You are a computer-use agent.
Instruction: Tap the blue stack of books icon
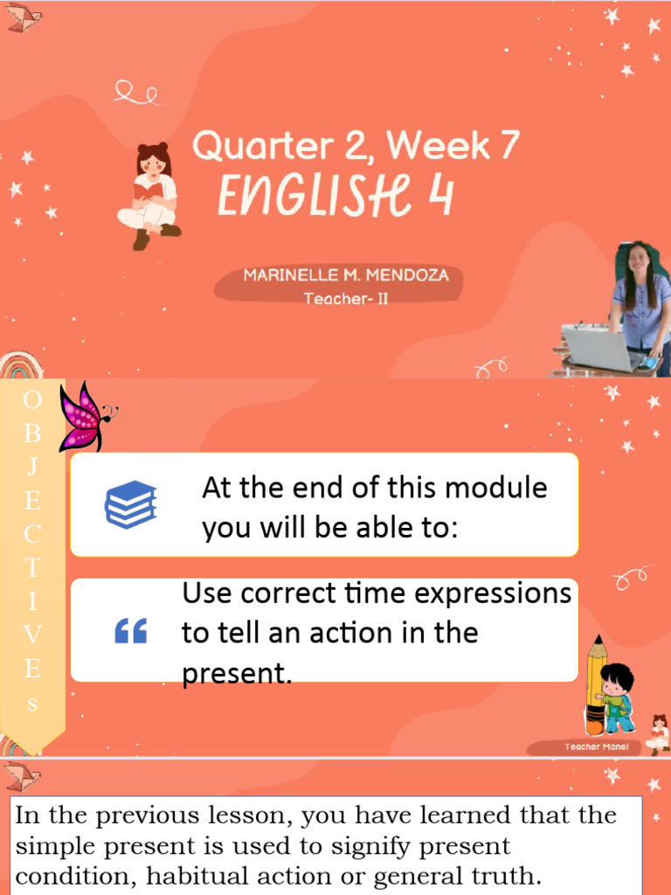[130, 505]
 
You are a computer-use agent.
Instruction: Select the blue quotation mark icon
[131, 631]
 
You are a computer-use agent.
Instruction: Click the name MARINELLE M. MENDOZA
[346, 275]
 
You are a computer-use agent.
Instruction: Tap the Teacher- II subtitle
[346, 299]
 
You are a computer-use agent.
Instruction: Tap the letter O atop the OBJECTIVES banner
[32, 400]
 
